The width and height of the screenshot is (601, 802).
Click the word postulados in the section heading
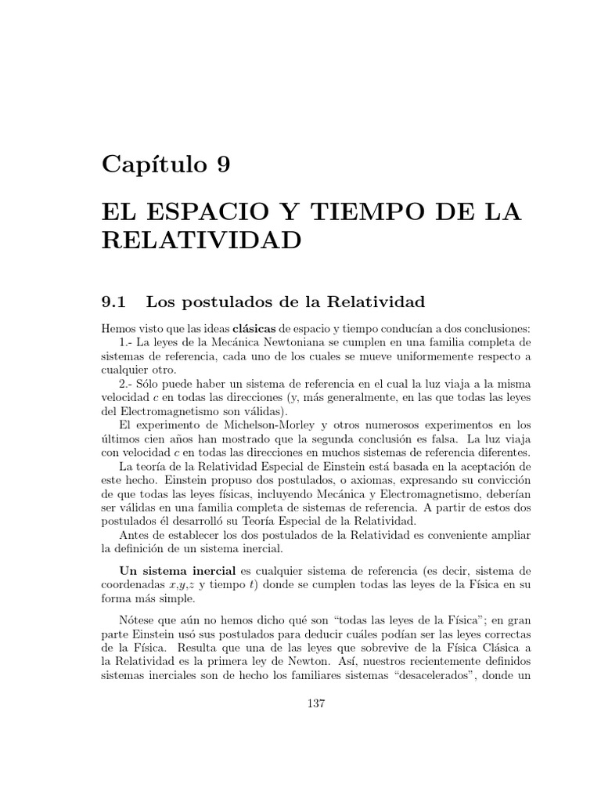click(220, 302)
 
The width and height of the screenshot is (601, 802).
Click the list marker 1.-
click(129, 342)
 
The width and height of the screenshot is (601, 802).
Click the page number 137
click(317, 703)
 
